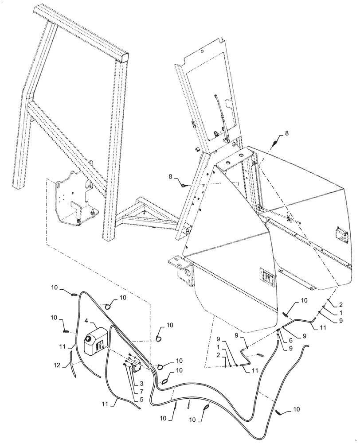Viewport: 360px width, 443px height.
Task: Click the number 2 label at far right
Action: click(x=341, y=304)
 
